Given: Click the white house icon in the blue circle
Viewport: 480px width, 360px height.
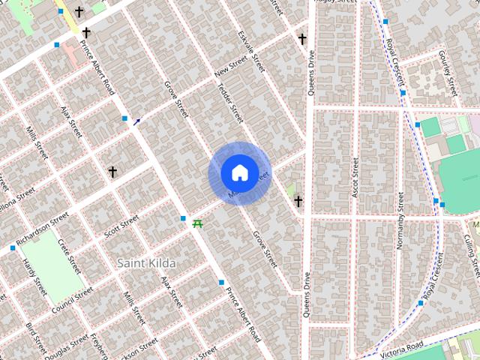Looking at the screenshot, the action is coord(238,173).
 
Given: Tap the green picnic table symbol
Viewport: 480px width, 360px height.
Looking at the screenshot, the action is coord(198,223).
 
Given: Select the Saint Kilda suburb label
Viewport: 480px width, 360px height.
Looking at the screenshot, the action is coord(147,263).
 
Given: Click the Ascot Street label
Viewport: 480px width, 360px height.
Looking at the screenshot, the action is coord(355,178).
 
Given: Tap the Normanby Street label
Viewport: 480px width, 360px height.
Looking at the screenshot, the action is coord(400,220).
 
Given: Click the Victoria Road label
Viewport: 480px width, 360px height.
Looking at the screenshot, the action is coord(402,350).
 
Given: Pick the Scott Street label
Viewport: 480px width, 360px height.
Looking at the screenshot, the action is coord(121,226).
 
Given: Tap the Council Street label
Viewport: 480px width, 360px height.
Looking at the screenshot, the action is coord(73,298).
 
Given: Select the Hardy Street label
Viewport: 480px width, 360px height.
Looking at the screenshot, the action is coord(34,277).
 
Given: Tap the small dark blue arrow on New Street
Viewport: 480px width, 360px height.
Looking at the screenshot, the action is coord(136,121).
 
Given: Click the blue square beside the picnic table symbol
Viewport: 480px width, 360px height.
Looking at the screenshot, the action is coord(183,219).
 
